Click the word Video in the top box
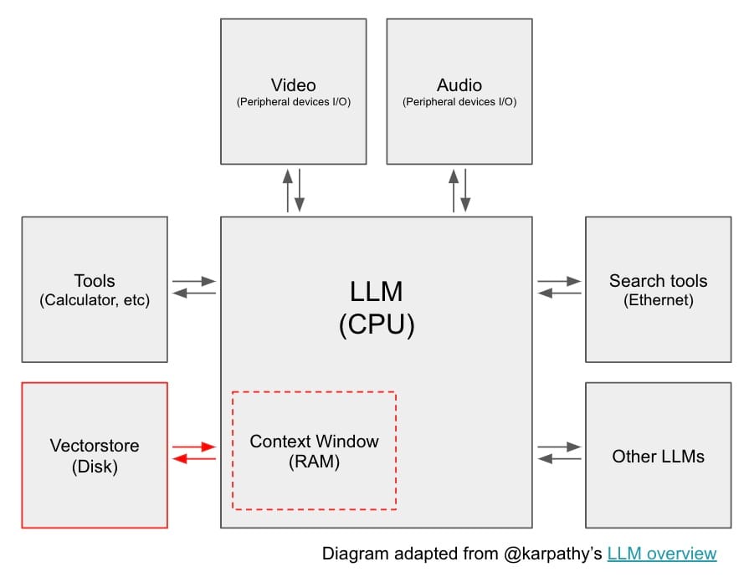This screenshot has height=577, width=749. click(x=293, y=85)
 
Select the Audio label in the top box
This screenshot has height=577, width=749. click(x=459, y=85)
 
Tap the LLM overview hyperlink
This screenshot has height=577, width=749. click(x=662, y=554)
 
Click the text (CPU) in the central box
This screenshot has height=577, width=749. click(x=377, y=324)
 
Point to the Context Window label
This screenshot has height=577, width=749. click(x=314, y=442)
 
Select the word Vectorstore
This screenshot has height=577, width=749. click(x=95, y=445)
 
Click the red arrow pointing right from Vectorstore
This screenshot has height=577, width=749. click(x=194, y=447)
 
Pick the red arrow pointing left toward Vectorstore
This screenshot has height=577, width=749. click(x=194, y=458)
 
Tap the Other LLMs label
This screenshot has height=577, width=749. click(x=659, y=457)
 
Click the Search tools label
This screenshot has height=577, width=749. click(x=659, y=281)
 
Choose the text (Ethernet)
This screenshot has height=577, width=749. click(x=659, y=300)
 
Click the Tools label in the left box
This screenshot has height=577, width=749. click(x=95, y=281)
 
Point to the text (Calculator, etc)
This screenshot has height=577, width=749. click(x=95, y=300)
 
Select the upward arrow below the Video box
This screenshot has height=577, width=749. click(x=288, y=191)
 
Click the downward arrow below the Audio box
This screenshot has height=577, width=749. click(x=465, y=191)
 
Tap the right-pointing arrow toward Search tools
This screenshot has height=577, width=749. click(x=559, y=281)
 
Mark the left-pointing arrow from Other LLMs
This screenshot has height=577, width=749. click(x=559, y=458)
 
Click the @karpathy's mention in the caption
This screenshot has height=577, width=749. click(x=552, y=554)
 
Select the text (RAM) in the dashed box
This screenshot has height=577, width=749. click(x=314, y=462)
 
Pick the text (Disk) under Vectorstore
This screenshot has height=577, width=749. click(x=95, y=467)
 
